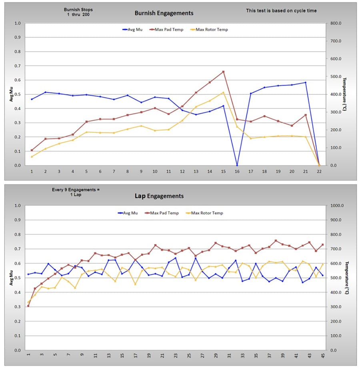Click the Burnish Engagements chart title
pos(164,13)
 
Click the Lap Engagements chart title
pos(159,196)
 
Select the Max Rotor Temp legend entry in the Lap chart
pos(206,213)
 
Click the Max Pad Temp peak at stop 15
pos(223,72)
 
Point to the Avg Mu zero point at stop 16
pos(237,165)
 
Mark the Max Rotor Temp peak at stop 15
pos(223,92)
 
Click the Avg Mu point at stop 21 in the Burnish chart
pos(305,82)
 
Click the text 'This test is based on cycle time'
pos(281,11)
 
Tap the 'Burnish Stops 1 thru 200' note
pos(77,12)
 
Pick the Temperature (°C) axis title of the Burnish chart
pos(344,94)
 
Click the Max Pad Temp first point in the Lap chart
pos(28,306)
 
